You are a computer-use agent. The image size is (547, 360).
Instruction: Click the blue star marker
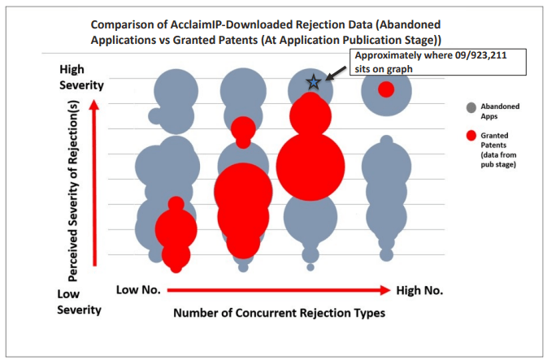313,82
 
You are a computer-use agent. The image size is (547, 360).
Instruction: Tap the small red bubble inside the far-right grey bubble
386,89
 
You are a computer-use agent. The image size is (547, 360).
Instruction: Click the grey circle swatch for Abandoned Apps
471,108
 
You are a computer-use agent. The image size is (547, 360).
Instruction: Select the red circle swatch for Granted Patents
471,136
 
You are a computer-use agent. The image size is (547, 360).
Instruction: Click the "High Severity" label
81,77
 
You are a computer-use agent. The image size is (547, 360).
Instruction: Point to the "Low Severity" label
79,301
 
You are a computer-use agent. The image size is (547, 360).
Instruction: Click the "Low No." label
138,289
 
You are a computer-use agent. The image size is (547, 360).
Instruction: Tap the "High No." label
419,290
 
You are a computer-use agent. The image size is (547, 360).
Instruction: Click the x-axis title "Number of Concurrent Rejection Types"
279,313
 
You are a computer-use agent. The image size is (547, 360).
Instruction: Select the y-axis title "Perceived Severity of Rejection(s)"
73,191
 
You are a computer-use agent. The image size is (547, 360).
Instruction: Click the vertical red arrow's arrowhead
93,105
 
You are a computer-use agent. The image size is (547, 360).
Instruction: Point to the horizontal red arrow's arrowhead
385,290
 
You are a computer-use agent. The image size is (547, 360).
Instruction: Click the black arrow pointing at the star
336,73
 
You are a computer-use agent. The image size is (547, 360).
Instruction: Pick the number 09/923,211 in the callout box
480,55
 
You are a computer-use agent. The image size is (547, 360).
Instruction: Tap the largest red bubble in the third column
310,167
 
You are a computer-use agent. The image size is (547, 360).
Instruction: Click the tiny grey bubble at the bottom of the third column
310,267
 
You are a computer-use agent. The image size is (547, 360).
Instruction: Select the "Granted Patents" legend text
494,141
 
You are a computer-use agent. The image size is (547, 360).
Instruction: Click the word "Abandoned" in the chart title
410,24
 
